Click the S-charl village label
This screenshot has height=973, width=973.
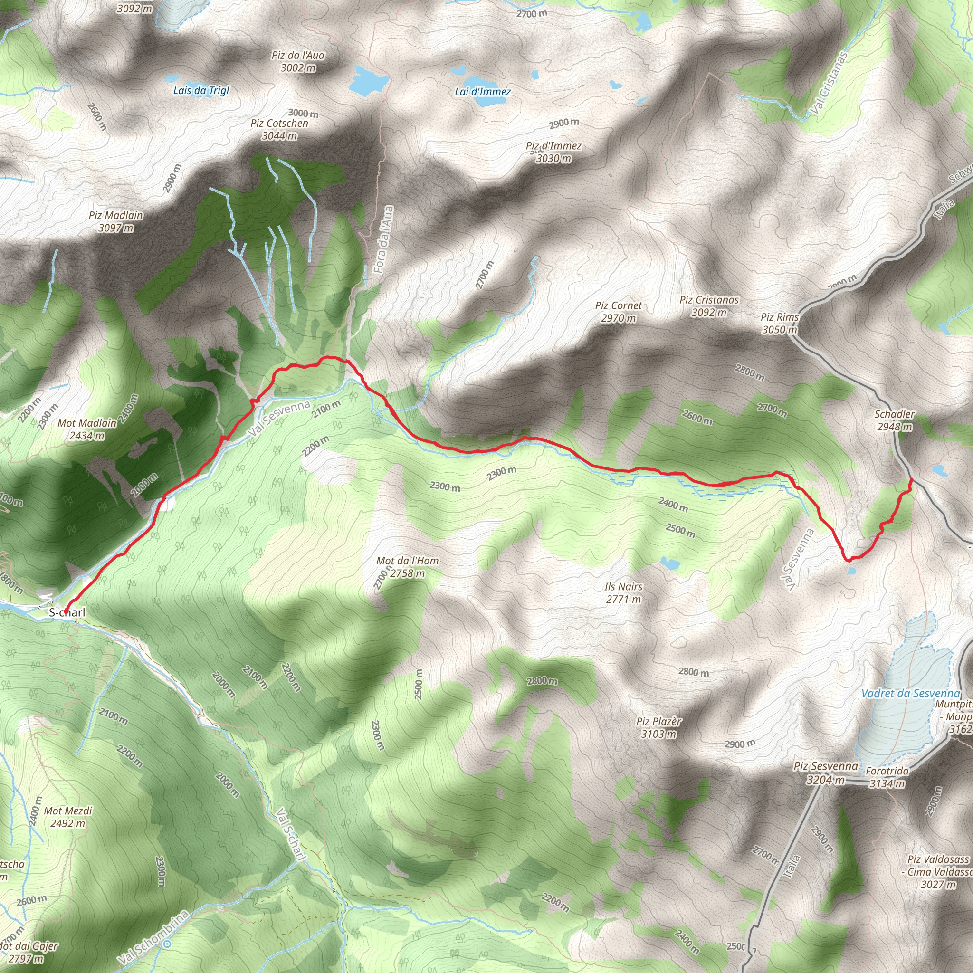pyautogui.click(x=67, y=613)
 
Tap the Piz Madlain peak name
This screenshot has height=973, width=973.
pyautogui.click(x=116, y=216)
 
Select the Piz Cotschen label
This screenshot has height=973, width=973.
pyautogui.click(x=279, y=124)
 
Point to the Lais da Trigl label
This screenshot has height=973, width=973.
pyautogui.click(x=201, y=91)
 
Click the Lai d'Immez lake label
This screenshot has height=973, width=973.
pyautogui.click(x=483, y=92)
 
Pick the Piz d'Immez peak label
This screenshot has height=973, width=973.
pyautogui.click(x=553, y=146)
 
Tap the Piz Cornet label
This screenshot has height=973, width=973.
pyautogui.click(x=619, y=305)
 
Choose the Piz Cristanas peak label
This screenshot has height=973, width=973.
pyautogui.click(x=709, y=300)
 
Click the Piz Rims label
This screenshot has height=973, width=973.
pyautogui.click(x=780, y=317)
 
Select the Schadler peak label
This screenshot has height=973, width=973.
pyautogui.click(x=895, y=414)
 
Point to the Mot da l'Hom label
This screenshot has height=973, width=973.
pyautogui.click(x=408, y=561)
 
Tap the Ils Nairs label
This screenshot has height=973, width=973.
pyautogui.click(x=623, y=587)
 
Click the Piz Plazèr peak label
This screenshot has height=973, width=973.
pyautogui.click(x=659, y=722)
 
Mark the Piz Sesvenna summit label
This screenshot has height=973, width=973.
pyautogui.click(x=825, y=766)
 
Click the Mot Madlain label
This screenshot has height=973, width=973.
pyautogui.click(x=87, y=423)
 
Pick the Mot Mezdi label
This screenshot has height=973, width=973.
pyautogui.click(x=68, y=811)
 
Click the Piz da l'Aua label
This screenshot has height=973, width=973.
pyautogui.click(x=298, y=56)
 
